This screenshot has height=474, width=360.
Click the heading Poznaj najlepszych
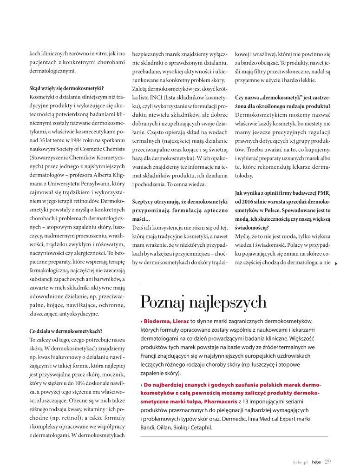point(203,303)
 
